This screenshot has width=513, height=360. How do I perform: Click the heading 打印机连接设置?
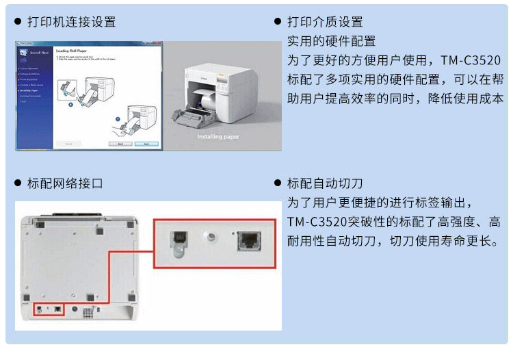point(71,23)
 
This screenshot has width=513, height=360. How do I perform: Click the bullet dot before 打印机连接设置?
point(18,23)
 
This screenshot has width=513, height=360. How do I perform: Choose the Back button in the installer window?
point(120,144)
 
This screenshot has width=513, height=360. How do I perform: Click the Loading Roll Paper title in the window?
point(71,51)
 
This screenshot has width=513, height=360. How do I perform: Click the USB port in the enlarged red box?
point(179,237)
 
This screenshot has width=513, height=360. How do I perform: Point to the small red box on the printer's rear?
point(49,309)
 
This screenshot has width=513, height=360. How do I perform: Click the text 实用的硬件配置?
point(331,41)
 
